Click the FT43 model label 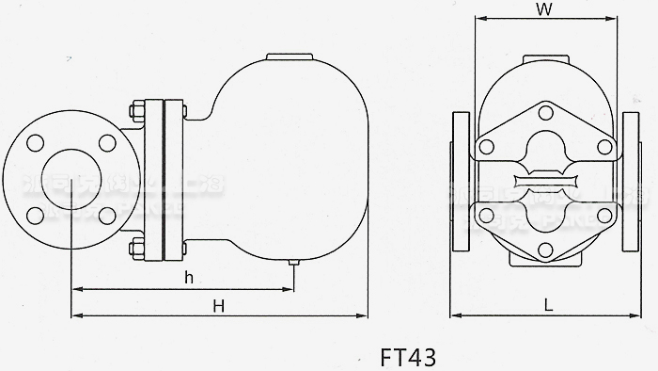coord(409,358)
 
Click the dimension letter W coord(543,10)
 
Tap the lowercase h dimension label coord(188,277)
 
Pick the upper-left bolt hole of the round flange coord(37,143)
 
